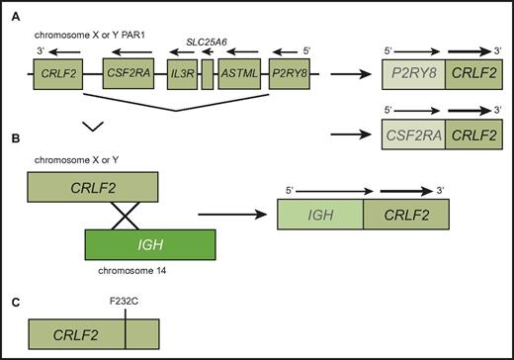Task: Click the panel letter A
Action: [x=11, y=14]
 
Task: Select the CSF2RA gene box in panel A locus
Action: [x=130, y=75]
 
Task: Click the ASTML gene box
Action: [x=238, y=75]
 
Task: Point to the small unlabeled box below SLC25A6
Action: [x=207, y=75]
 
